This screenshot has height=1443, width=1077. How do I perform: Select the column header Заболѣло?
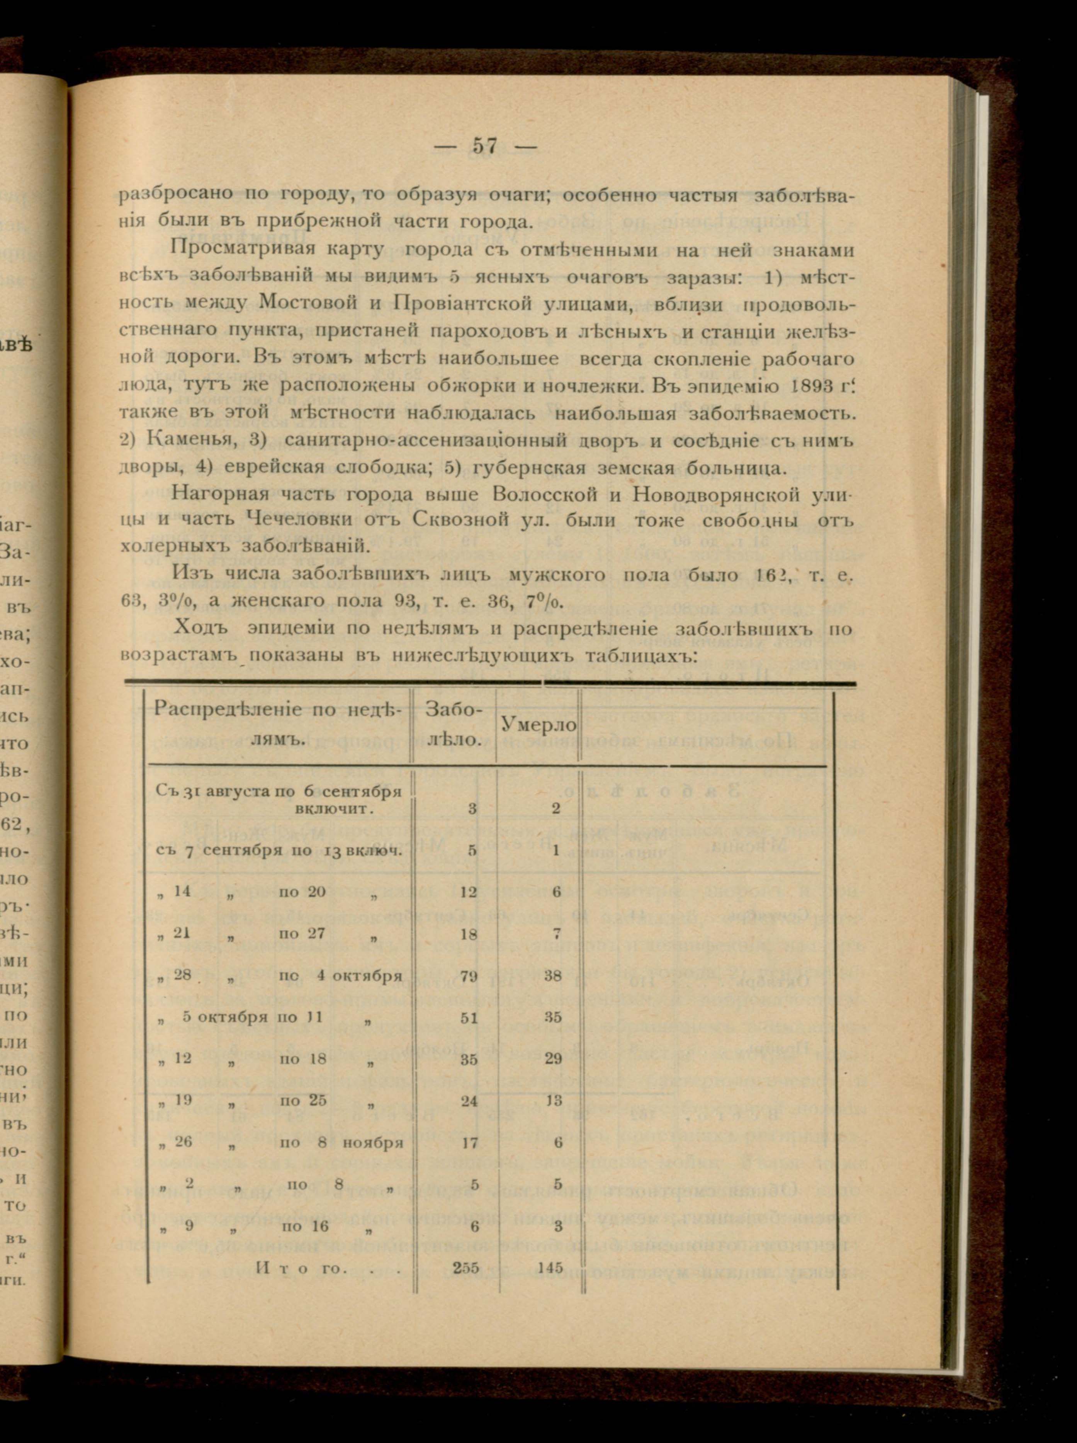pos(454,725)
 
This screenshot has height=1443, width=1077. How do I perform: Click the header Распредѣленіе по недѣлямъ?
pos(279,725)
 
